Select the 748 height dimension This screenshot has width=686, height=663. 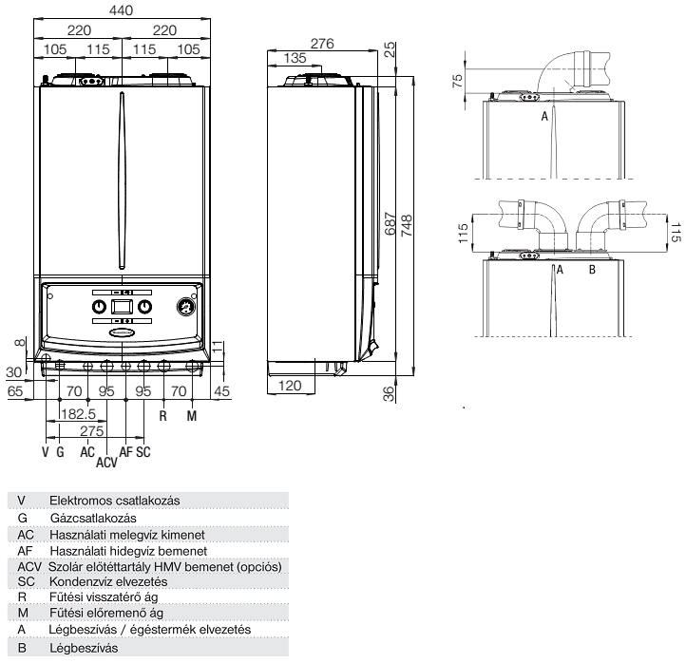click(x=408, y=225)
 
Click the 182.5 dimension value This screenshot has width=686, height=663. click(x=77, y=414)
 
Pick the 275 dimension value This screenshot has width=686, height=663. click(x=90, y=431)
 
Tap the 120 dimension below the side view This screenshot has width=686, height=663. click(x=290, y=387)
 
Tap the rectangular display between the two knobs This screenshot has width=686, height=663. click(x=122, y=307)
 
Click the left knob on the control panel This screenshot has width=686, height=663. click(x=99, y=307)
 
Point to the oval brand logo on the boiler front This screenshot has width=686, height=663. click(x=122, y=331)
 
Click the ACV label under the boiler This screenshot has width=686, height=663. click(x=105, y=464)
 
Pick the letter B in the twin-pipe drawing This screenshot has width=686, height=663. click(x=592, y=270)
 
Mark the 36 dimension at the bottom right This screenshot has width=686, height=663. click(x=388, y=393)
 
